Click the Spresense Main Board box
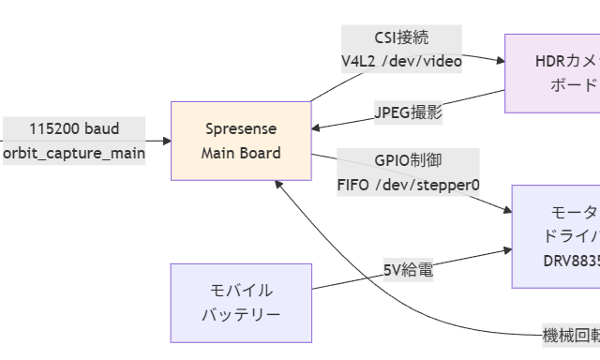click(x=241, y=141)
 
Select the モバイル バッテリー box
click(x=241, y=302)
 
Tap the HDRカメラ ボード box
click(x=553, y=73)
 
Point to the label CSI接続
click(x=401, y=38)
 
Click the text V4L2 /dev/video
click(x=401, y=62)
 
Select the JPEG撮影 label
click(x=408, y=112)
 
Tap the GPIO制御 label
click(x=408, y=160)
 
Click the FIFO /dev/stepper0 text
click(x=408, y=185)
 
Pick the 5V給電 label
click(x=408, y=270)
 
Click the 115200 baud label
click(x=73, y=128)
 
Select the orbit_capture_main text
click(x=73, y=153)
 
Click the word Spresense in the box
click(x=241, y=128)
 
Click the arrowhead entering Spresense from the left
click(x=166, y=141)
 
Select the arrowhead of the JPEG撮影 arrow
click(x=318, y=127)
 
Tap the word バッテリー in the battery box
click(x=241, y=314)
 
